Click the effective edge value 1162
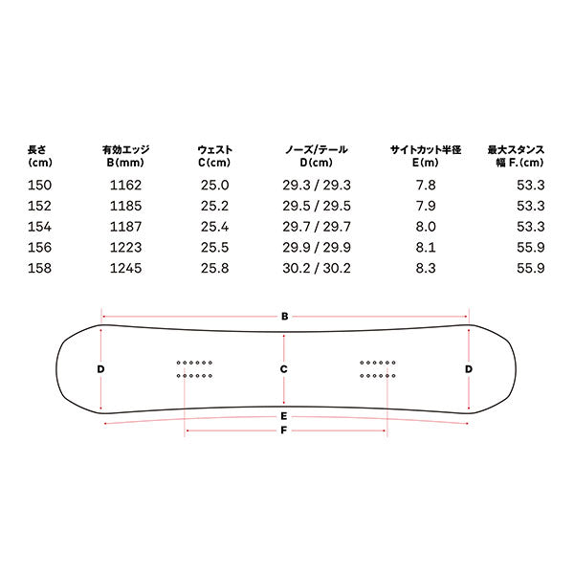[x=125, y=186]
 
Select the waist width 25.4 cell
[x=214, y=227]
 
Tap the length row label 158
[x=39, y=268]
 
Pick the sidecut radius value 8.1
[x=426, y=248]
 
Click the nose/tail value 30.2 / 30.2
[x=317, y=268]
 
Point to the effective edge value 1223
[x=125, y=248]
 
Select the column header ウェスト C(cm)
[x=215, y=156]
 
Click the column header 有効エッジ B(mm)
[x=125, y=156]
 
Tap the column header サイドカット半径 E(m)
[x=426, y=156]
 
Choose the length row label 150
[x=39, y=186]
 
